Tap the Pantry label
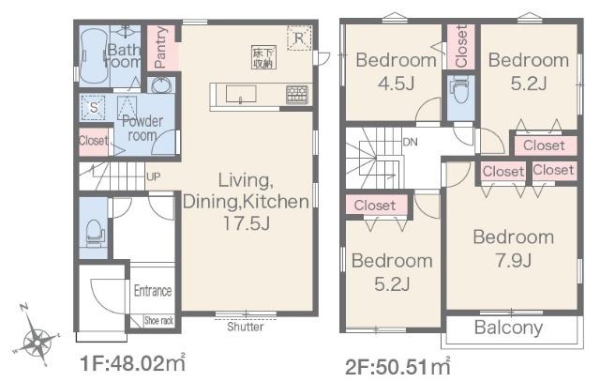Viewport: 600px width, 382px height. [x=161, y=47]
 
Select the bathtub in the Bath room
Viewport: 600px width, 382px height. [x=94, y=57]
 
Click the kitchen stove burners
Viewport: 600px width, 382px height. [x=297, y=94]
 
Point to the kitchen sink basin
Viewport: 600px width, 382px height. [x=241, y=94]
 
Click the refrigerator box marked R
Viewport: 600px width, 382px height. [x=299, y=38]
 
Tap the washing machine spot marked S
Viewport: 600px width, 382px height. [x=94, y=108]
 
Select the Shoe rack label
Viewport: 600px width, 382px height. [x=158, y=320]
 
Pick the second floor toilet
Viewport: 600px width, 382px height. [x=460, y=89]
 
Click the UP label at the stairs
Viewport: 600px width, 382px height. [x=154, y=176]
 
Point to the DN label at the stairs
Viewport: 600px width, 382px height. [x=411, y=142]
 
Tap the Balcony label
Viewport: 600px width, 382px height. [x=508, y=328]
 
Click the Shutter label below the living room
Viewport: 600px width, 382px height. [x=246, y=327]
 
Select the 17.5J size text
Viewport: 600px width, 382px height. [x=247, y=223]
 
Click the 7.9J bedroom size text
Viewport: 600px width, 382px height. [x=513, y=261]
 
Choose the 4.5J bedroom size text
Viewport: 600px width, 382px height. [x=397, y=84]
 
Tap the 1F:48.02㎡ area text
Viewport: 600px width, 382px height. [x=133, y=363]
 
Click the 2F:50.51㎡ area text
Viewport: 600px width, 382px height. [x=397, y=367]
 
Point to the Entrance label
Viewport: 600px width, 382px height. [x=153, y=291]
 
